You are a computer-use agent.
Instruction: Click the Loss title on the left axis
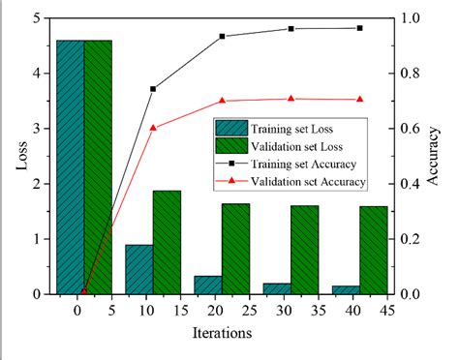pos(21,156)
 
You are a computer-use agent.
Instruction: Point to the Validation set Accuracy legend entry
pos(308,181)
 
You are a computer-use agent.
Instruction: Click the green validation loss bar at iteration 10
pos(167,242)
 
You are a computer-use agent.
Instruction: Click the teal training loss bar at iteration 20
pos(208,285)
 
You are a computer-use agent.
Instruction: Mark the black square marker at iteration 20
pos(222,36)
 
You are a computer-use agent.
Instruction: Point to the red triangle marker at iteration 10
pos(153,127)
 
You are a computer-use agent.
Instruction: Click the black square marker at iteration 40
pos(359,28)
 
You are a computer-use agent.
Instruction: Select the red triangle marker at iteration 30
pos(291,99)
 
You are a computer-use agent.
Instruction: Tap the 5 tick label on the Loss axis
pos(36,18)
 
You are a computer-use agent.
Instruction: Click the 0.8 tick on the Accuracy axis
pos(413,74)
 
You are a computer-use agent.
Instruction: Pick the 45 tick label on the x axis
pos(387,312)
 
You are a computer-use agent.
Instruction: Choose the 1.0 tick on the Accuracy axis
pos(413,18)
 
